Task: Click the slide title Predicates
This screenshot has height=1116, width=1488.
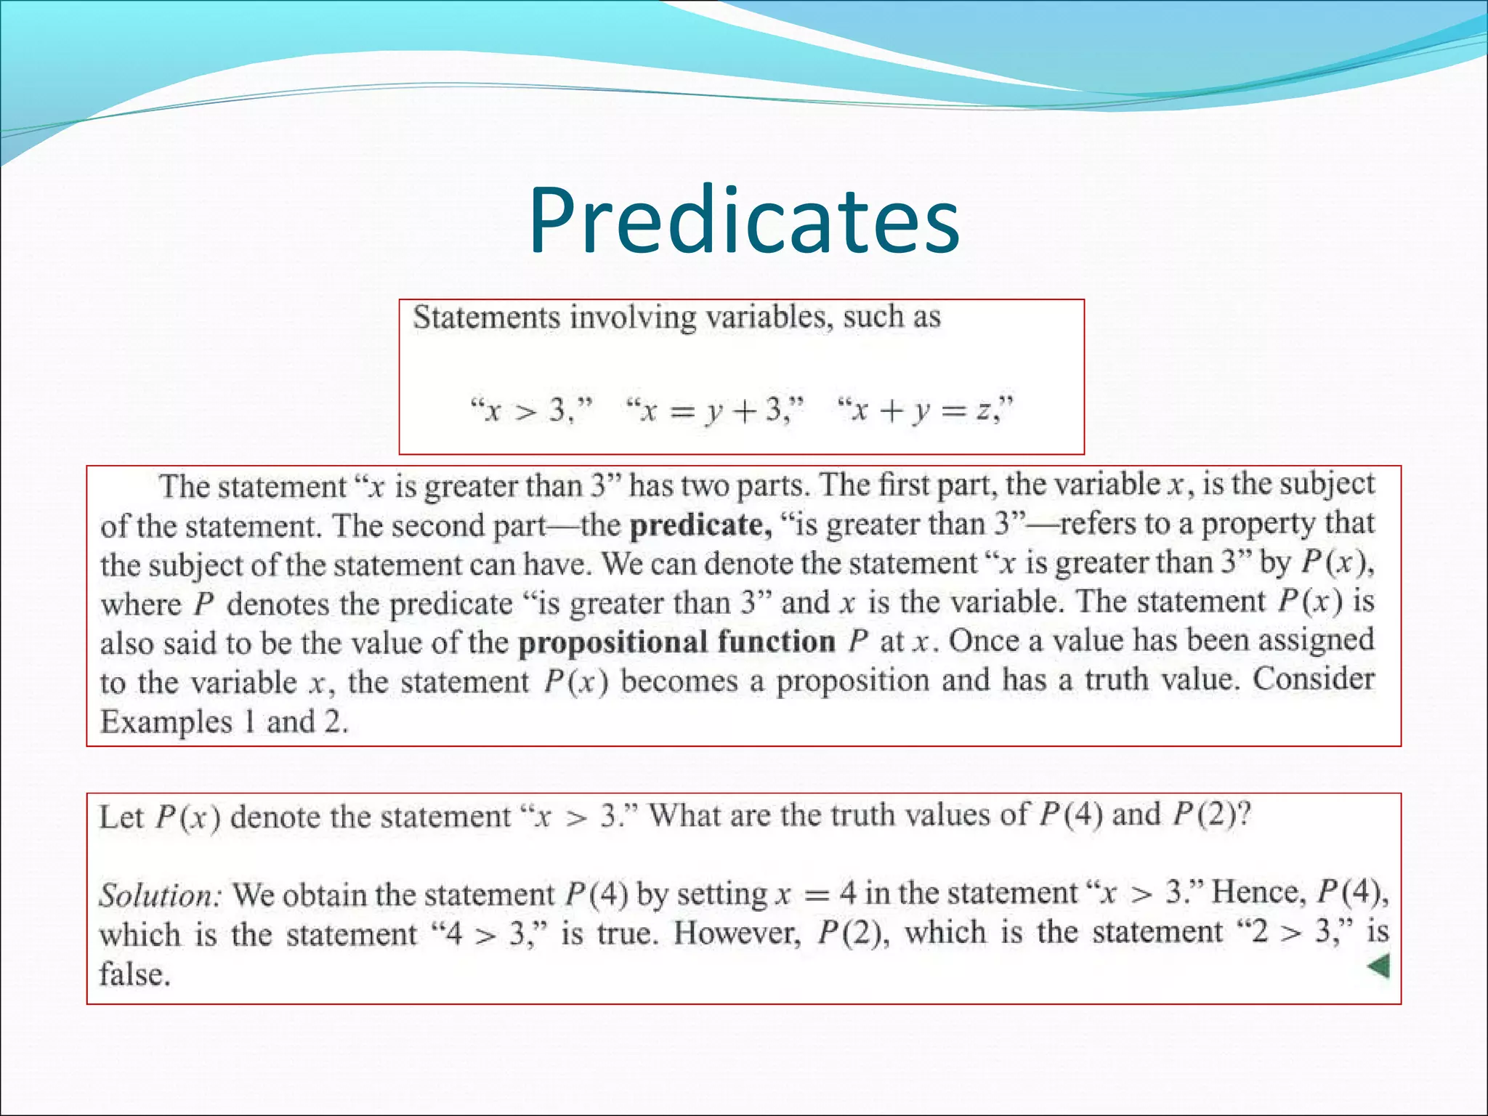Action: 743,221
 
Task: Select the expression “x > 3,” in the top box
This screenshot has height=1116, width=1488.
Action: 532,411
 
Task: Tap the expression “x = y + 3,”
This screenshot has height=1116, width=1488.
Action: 715,411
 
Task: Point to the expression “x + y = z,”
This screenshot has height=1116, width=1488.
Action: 926,411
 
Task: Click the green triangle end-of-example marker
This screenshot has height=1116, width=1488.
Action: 1378,967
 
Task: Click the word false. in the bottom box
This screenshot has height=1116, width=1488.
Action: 135,974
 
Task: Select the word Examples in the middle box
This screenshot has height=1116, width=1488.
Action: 166,722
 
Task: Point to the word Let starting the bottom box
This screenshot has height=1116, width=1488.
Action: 121,817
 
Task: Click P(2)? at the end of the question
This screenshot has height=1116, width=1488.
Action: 1212,815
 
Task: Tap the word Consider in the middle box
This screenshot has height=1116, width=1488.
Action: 1314,680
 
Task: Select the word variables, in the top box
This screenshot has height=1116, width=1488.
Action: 770,318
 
